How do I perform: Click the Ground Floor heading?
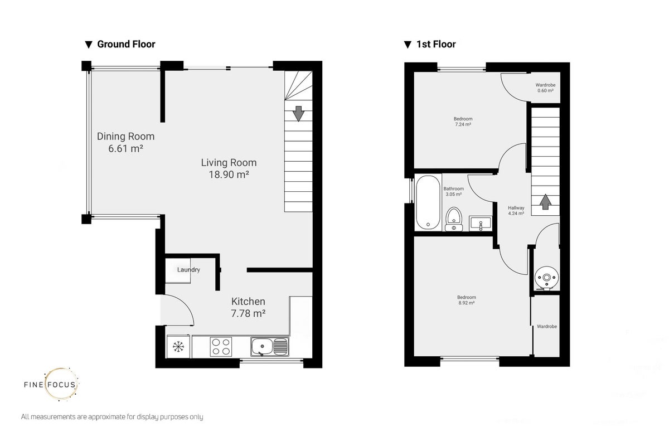(126, 44)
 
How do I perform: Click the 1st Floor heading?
(436, 44)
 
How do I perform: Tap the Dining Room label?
(126, 137)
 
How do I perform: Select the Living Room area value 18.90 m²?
(229, 174)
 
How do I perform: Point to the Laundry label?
(188, 270)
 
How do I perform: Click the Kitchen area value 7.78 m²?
(248, 313)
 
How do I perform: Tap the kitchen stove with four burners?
(221, 347)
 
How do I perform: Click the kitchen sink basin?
(261, 347)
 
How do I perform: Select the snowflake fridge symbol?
(178, 347)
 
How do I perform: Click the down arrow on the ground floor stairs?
(298, 114)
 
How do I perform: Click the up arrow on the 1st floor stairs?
(545, 202)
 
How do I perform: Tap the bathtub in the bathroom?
(428, 202)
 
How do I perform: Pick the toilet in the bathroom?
(454, 220)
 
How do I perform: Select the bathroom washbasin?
(480, 224)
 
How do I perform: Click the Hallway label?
(516, 210)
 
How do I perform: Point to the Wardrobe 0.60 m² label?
(545, 88)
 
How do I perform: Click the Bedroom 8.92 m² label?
(467, 300)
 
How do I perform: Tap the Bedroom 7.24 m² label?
(463, 122)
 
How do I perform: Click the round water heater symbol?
(546, 278)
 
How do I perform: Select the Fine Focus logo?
(51, 384)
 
